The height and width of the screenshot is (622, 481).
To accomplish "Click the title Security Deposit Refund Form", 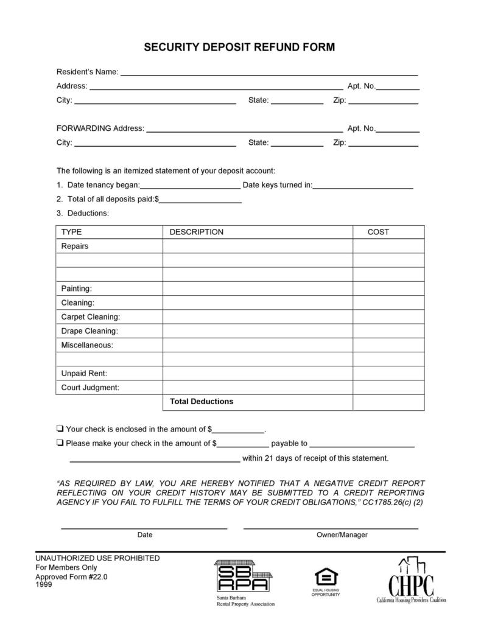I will tap(239, 47).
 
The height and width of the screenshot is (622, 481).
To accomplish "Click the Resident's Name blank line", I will tap(269, 74).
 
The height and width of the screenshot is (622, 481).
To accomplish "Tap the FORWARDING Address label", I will tap(100, 128).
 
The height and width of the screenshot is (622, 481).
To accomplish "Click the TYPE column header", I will tap(71, 232).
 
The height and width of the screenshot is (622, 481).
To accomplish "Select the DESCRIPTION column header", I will tap(196, 232).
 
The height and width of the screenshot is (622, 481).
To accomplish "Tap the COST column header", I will tap(378, 232).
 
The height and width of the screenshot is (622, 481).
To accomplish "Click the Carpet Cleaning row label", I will tap(91, 317).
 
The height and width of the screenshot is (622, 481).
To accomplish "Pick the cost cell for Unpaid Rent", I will tap(388, 373).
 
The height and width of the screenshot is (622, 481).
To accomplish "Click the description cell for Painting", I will tap(257, 288).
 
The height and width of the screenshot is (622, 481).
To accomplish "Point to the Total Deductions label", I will tap(201, 402).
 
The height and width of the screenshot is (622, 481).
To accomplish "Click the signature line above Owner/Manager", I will tap(331, 528).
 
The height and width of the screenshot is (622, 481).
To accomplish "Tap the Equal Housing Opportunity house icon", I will tap(325, 576).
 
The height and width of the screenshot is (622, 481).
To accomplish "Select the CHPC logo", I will tap(411, 579).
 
